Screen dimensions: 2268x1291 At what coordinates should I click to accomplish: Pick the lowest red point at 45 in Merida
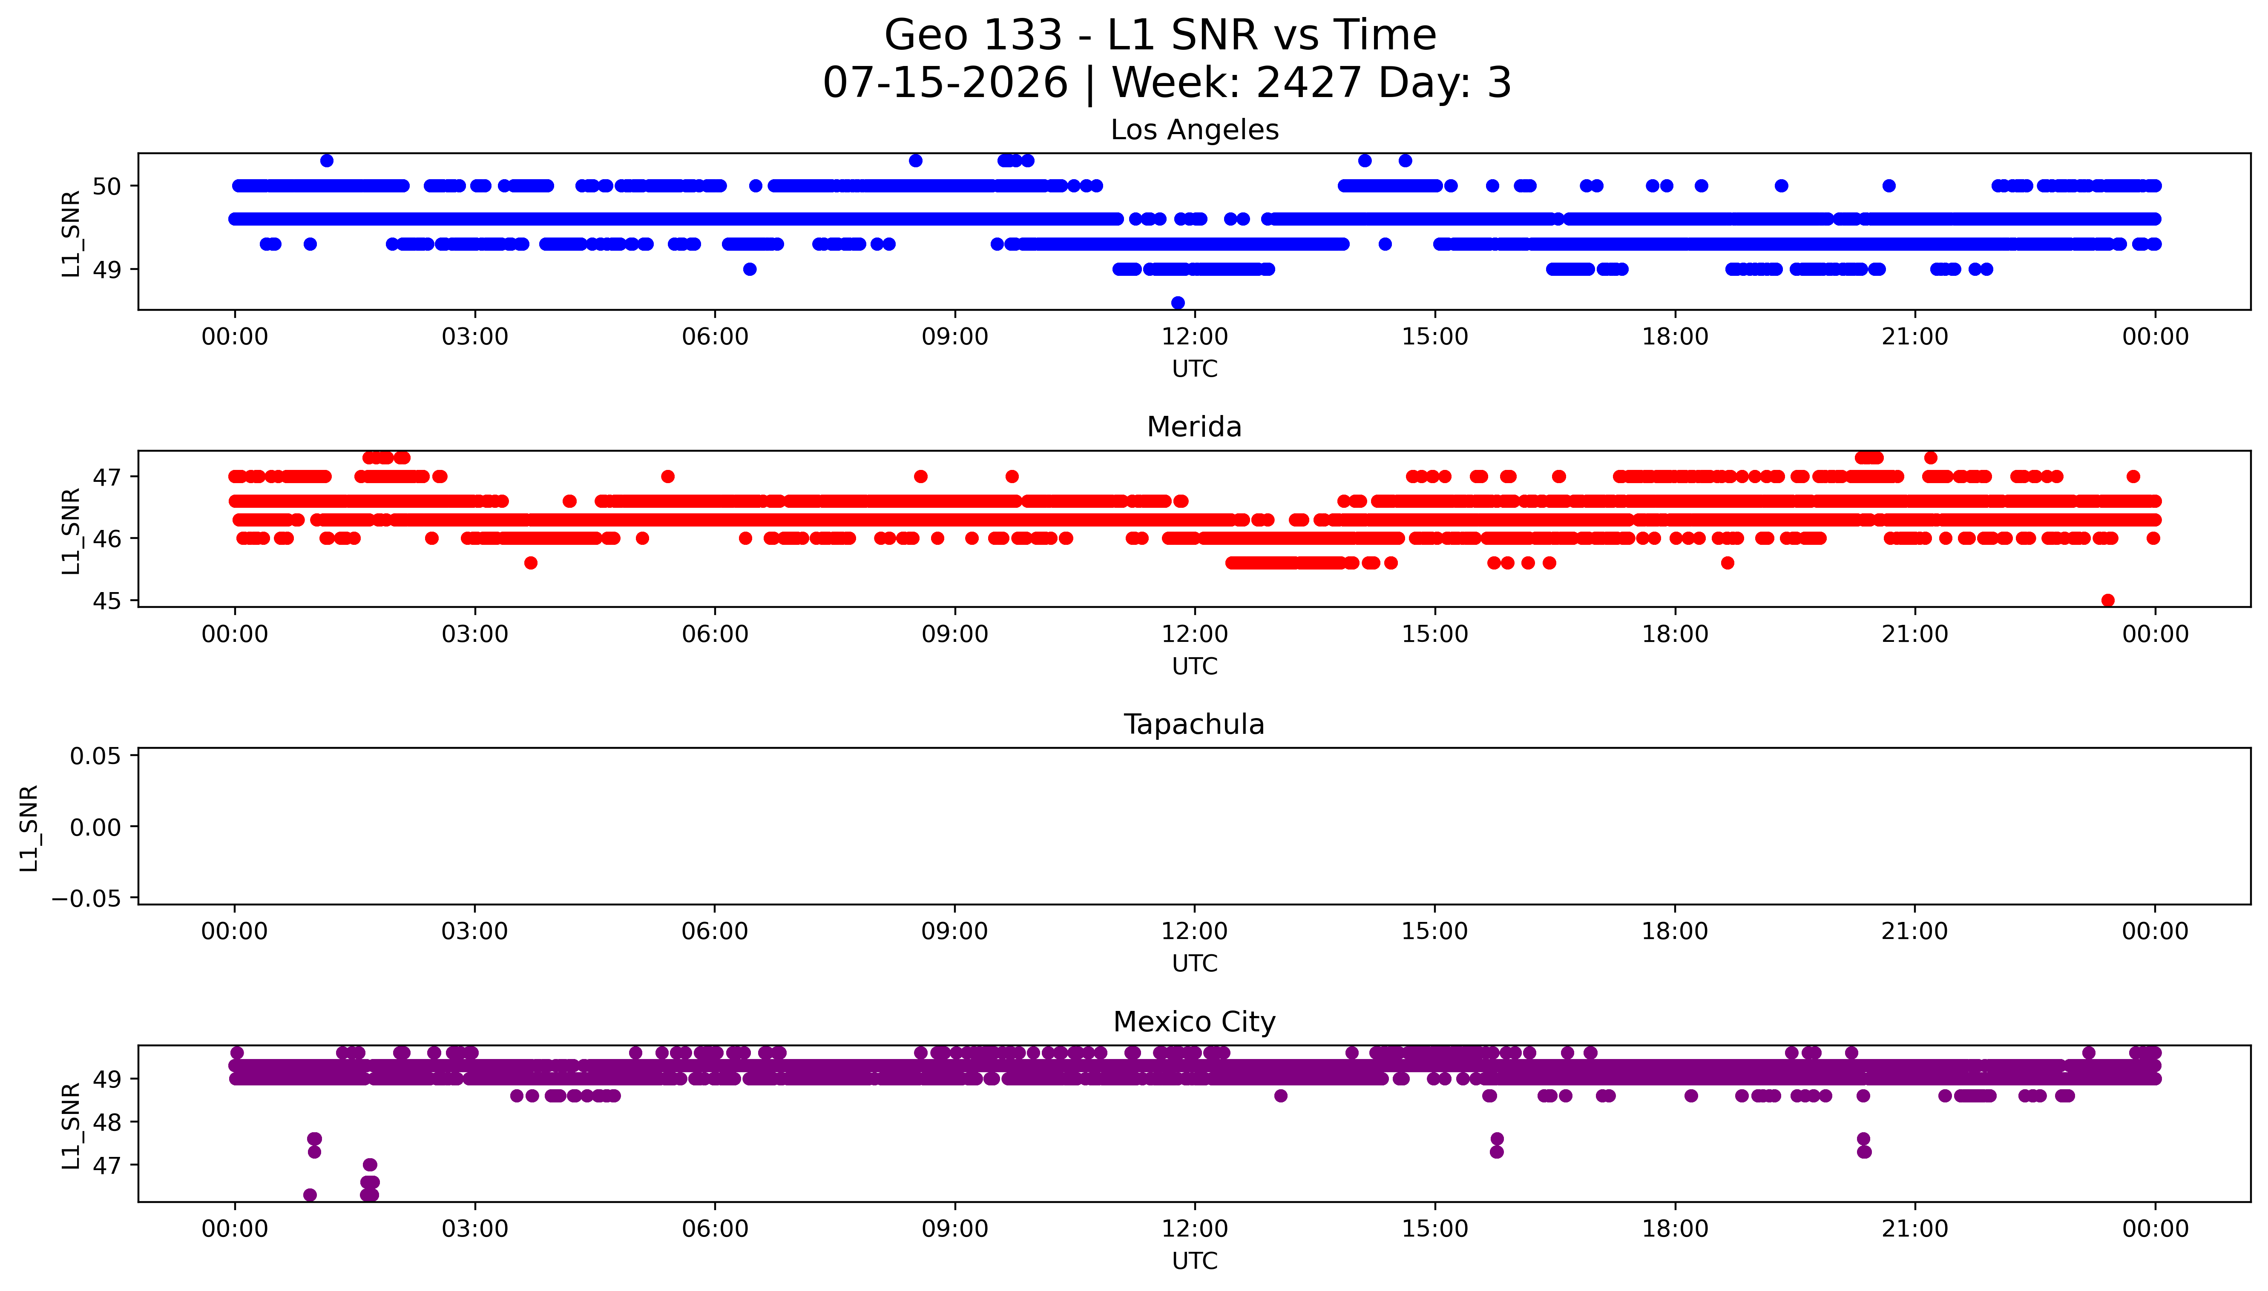(2108, 600)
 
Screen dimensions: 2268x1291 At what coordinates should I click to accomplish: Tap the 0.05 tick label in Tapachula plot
(96, 756)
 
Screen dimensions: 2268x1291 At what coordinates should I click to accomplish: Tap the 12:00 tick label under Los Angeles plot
(1195, 337)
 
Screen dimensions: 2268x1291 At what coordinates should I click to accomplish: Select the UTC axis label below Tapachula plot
(1195, 964)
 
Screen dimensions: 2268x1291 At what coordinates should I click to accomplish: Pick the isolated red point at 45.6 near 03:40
(530, 563)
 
